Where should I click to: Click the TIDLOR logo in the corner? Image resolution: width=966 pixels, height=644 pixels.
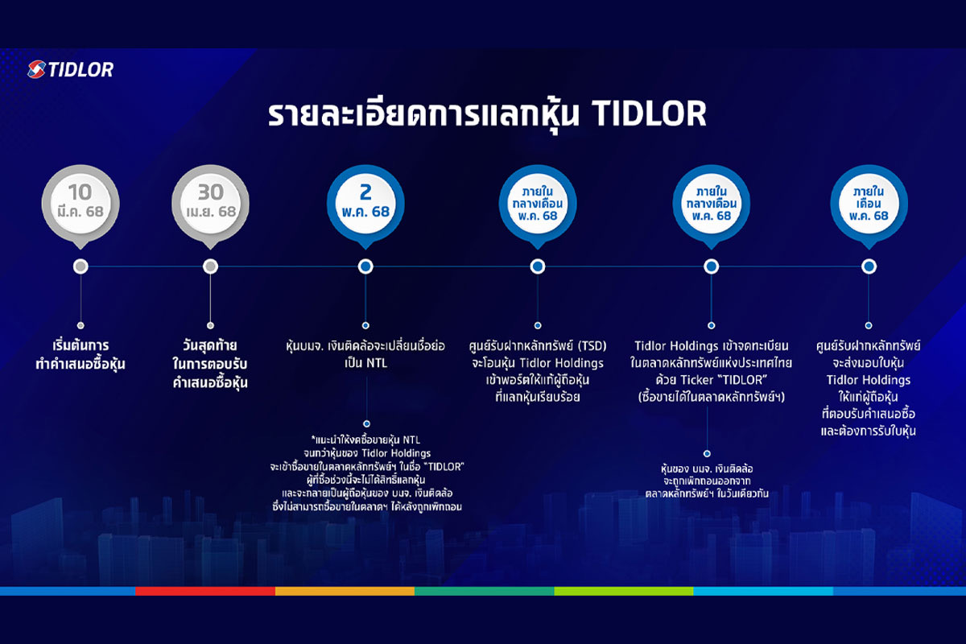pyautogui.click(x=70, y=69)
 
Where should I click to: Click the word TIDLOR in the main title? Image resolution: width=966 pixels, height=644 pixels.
pyautogui.click(x=649, y=114)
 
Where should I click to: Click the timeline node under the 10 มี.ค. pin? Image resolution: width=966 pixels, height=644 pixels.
pyautogui.click(x=80, y=266)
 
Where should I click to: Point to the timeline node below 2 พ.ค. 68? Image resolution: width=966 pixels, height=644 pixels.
pyautogui.click(x=365, y=266)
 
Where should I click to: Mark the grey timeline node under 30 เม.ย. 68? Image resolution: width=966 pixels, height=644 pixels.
pyautogui.click(x=210, y=266)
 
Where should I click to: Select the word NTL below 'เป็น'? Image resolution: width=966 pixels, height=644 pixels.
pyautogui.click(x=378, y=363)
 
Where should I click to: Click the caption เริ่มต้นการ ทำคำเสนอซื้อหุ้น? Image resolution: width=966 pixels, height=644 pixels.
pyautogui.click(x=80, y=354)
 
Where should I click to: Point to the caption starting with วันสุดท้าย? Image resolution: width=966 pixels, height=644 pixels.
pyautogui.click(x=210, y=364)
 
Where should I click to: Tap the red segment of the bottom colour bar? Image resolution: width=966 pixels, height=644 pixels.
pyautogui.click(x=205, y=591)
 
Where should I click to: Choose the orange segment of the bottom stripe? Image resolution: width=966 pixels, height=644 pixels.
pyautogui.click(x=345, y=591)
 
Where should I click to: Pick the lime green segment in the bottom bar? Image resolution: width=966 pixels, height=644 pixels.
pyautogui.click(x=624, y=591)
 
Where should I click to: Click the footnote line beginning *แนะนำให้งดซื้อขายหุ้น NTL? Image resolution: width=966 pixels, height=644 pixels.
pyautogui.click(x=365, y=440)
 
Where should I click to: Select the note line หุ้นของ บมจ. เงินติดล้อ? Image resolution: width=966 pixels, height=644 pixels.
pyautogui.click(x=707, y=469)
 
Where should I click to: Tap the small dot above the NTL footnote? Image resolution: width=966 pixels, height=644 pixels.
pyautogui.click(x=366, y=423)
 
